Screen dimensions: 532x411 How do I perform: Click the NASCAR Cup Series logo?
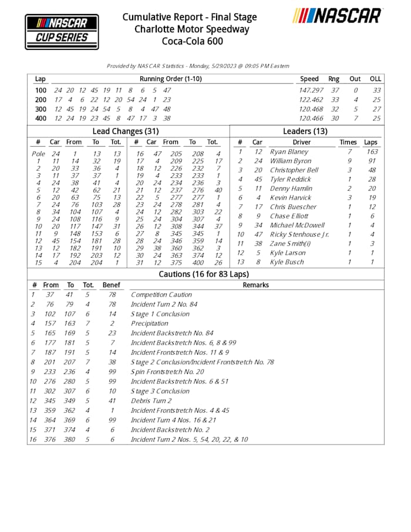pos(62,32)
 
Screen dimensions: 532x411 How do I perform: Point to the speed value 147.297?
pos(311,90)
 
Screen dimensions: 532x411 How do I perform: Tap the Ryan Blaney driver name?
pos(289,151)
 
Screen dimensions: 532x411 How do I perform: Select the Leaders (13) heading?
pos(305,131)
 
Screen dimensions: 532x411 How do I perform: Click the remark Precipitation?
pos(150,322)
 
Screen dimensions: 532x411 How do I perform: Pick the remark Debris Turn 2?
pos(151,400)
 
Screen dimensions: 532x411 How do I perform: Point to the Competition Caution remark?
pos(161,295)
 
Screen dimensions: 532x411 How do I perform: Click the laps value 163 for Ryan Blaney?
pos(371,151)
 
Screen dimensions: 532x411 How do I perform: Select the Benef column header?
pos(111,285)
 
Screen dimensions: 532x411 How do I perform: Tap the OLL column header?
pos(375,79)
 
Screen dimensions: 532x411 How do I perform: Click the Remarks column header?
pos(255,285)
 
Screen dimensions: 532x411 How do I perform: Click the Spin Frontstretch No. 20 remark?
pos(167,371)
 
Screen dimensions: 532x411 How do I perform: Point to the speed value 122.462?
pos(311,100)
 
